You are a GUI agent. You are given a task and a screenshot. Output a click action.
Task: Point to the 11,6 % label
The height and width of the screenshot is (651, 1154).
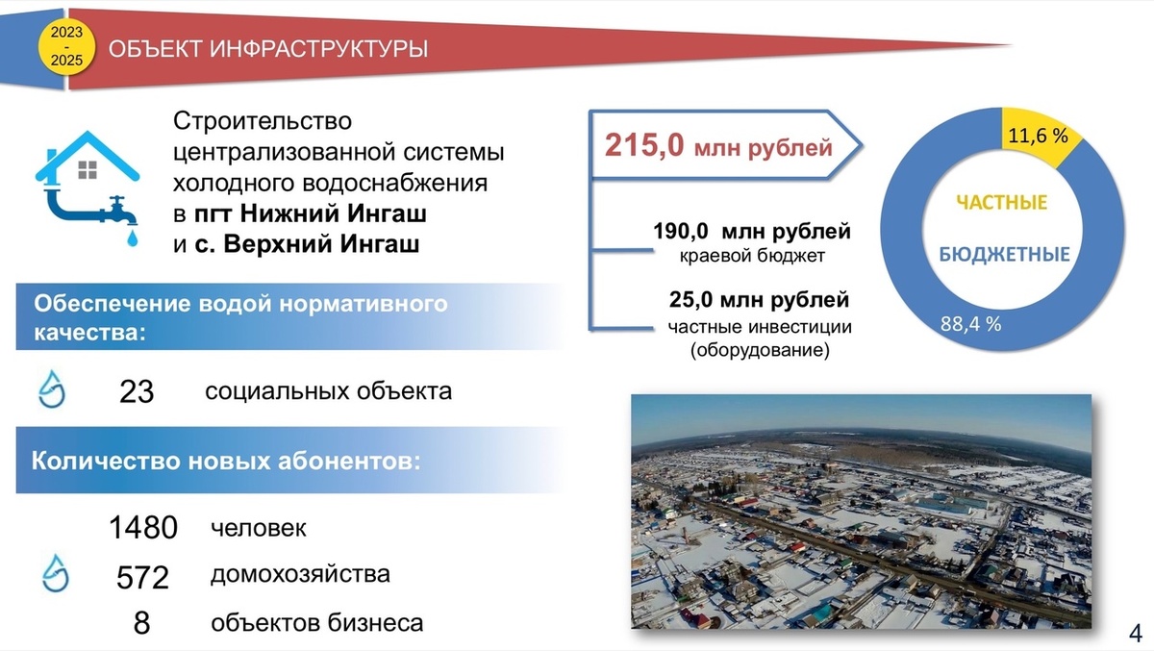1038,137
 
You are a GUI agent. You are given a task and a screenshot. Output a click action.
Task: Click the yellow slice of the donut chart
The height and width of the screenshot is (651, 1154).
1043,141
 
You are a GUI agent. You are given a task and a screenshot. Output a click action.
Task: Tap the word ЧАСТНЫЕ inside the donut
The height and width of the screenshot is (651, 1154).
1001,203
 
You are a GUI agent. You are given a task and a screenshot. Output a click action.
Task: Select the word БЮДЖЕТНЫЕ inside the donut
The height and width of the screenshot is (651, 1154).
1003,255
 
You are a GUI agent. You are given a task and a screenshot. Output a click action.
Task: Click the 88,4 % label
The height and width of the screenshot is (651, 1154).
971,324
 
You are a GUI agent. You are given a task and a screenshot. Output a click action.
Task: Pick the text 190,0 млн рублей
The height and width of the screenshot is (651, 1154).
752,232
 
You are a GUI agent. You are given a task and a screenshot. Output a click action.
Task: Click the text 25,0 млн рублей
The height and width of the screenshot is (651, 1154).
759,301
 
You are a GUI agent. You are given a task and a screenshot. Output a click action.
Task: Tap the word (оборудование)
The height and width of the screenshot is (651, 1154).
759,351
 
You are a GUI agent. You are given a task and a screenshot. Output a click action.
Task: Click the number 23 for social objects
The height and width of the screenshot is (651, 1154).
137,391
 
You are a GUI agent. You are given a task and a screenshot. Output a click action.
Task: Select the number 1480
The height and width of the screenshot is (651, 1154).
143,528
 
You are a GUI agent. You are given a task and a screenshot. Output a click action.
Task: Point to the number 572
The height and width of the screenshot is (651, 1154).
142,577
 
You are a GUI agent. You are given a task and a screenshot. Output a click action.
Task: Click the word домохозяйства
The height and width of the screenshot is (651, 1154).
300,575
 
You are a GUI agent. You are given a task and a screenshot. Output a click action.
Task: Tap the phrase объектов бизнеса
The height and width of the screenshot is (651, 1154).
316,623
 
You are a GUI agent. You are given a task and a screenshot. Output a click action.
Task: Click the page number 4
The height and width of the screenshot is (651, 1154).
1134,634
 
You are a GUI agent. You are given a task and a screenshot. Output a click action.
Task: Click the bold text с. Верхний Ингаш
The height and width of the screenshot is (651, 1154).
307,244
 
